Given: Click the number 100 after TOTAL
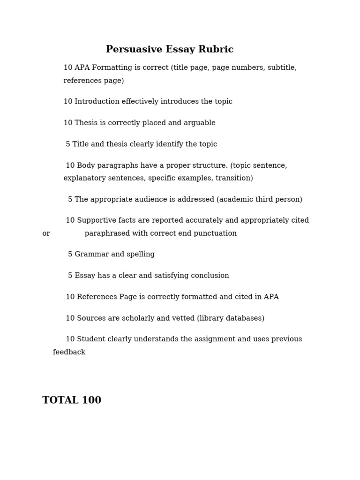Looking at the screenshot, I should (x=91, y=400).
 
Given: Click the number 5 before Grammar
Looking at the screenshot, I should (x=70, y=255).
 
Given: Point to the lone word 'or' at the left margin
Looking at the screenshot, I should (x=46, y=233).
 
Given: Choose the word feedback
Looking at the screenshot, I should (x=69, y=352).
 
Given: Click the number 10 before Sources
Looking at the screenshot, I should (x=70, y=318).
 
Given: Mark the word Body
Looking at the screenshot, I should (x=85, y=165).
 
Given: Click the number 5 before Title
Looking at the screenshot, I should (x=68, y=144).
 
